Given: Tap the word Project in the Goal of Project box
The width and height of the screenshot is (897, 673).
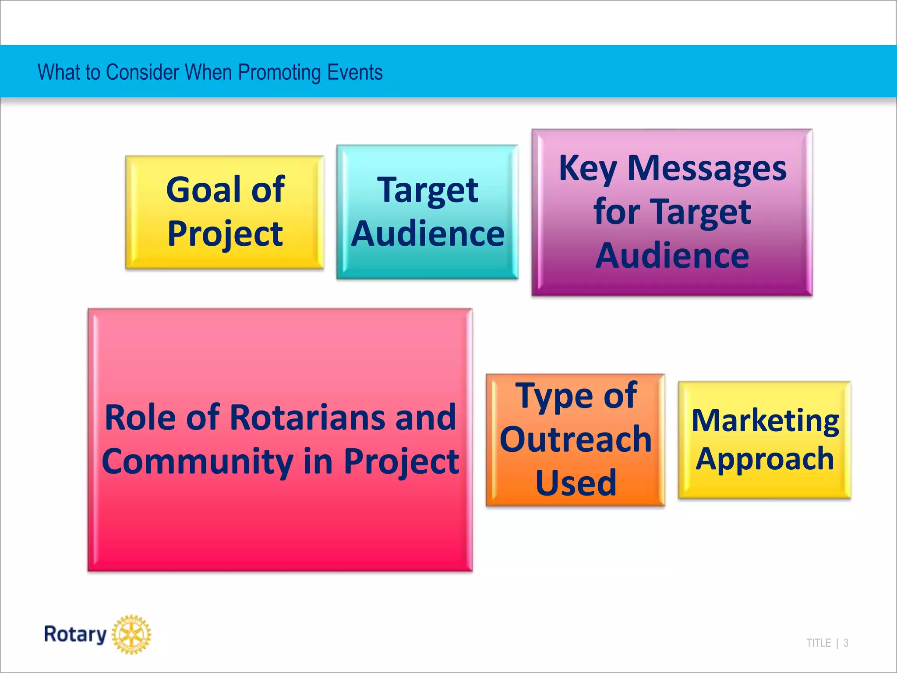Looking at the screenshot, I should point(225,234).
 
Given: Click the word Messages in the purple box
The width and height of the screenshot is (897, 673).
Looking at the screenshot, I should point(707,168).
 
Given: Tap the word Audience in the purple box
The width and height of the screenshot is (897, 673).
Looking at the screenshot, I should point(672,256).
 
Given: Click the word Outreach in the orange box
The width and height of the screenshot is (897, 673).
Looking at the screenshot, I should point(576,439).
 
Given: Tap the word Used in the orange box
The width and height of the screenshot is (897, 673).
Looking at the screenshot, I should point(576,482).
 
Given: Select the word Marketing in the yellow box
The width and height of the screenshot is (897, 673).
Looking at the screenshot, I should point(765,421).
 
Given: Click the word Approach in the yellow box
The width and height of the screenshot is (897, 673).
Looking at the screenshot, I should point(765,460).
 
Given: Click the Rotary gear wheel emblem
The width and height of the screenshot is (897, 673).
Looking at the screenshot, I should point(131,634).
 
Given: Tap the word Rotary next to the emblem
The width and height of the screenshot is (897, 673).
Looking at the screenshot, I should point(75,634).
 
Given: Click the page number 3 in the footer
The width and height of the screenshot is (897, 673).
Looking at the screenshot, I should point(846,643).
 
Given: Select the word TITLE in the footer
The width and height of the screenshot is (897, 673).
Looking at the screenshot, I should point(819,643).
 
